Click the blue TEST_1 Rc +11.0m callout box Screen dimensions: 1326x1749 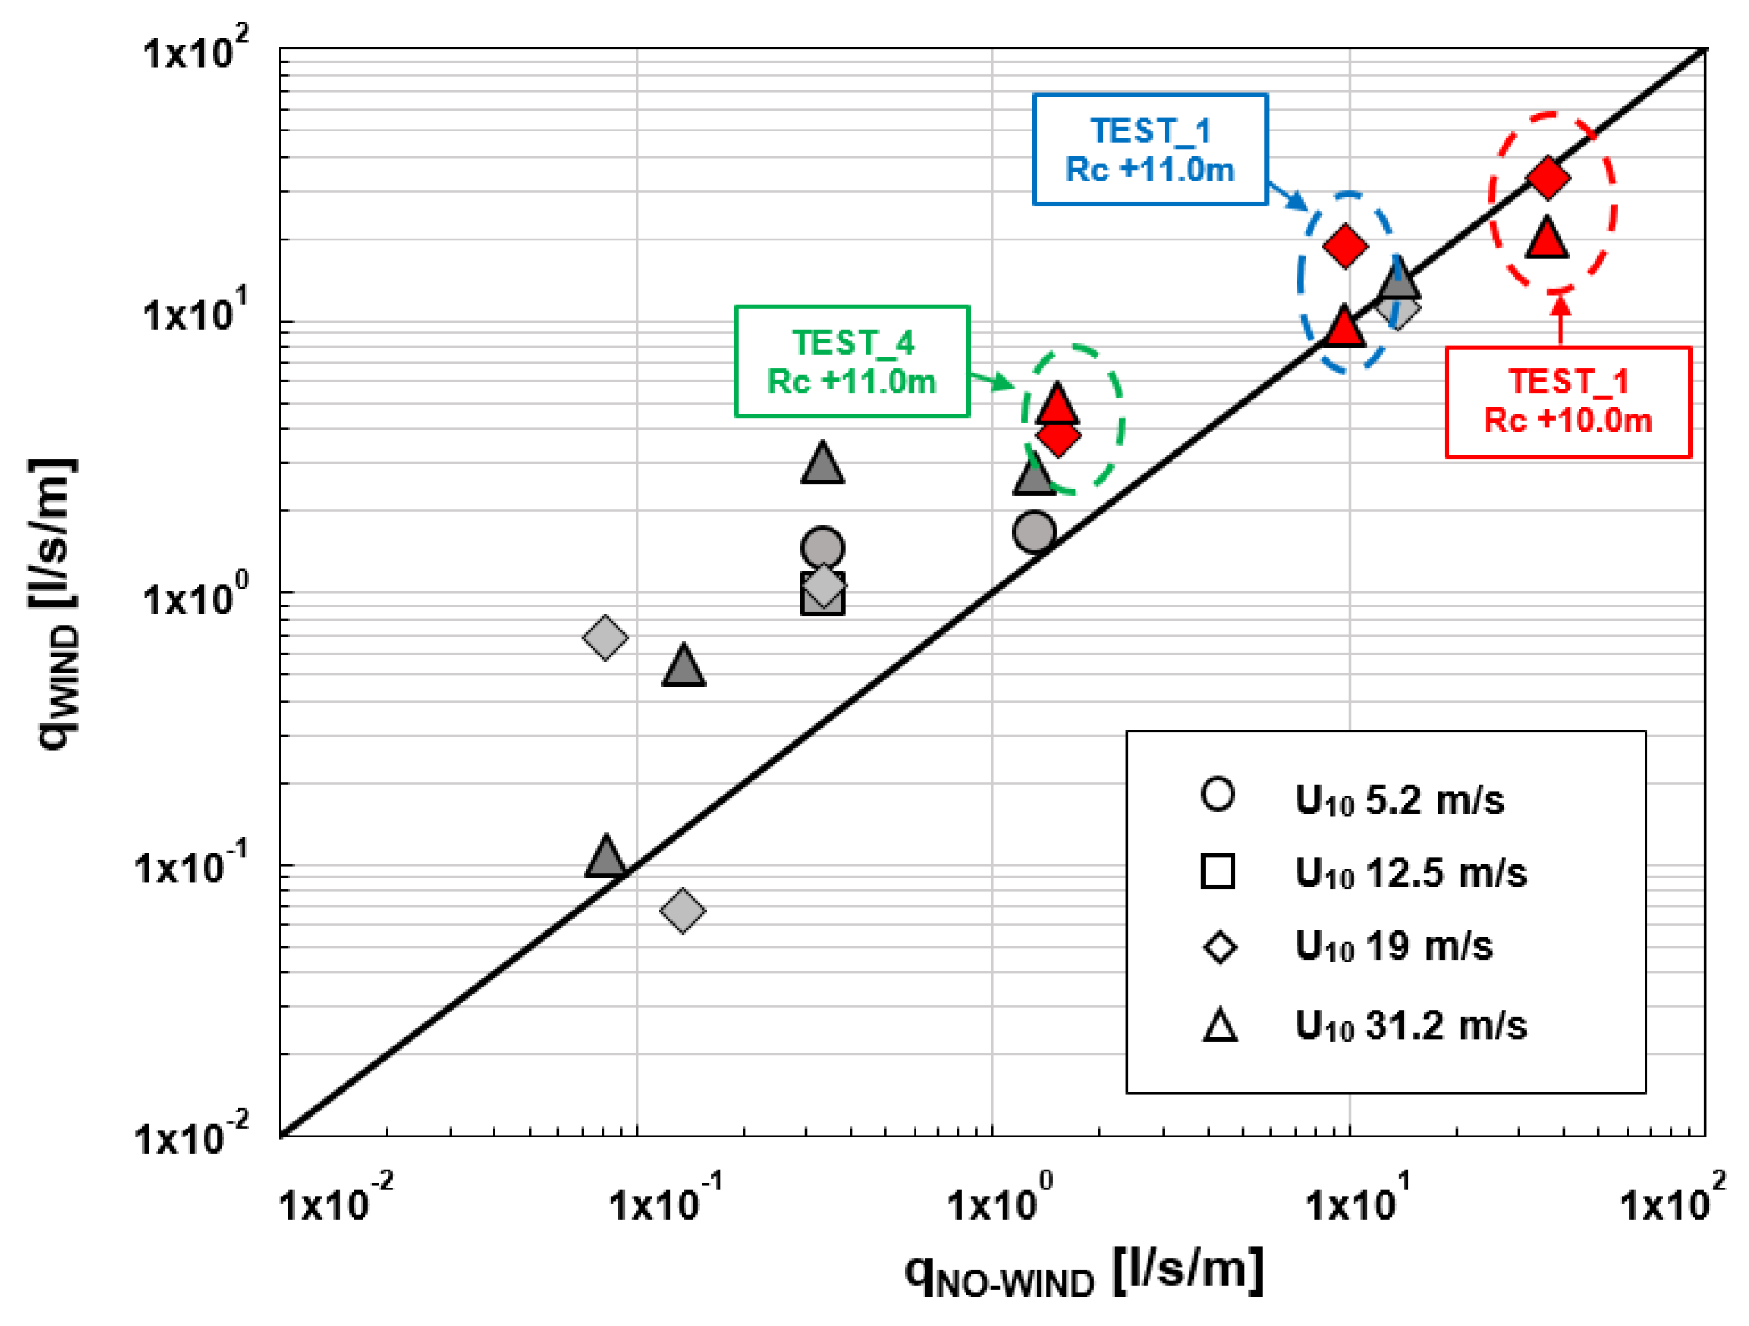tap(1150, 149)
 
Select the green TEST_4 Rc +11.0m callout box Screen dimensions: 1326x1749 tap(852, 362)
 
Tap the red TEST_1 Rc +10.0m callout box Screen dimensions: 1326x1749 tap(1567, 402)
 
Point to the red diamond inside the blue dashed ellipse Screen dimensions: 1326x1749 tap(1346, 246)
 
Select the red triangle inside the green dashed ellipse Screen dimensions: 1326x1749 tap(1057, 405)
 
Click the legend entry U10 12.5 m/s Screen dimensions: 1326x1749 tap(1368, 873)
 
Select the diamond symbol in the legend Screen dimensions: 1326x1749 tap(1219, 947)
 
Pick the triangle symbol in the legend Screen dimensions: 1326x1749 tap(1219, 1025)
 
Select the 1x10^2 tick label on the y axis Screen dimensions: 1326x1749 tap(194, 51)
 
